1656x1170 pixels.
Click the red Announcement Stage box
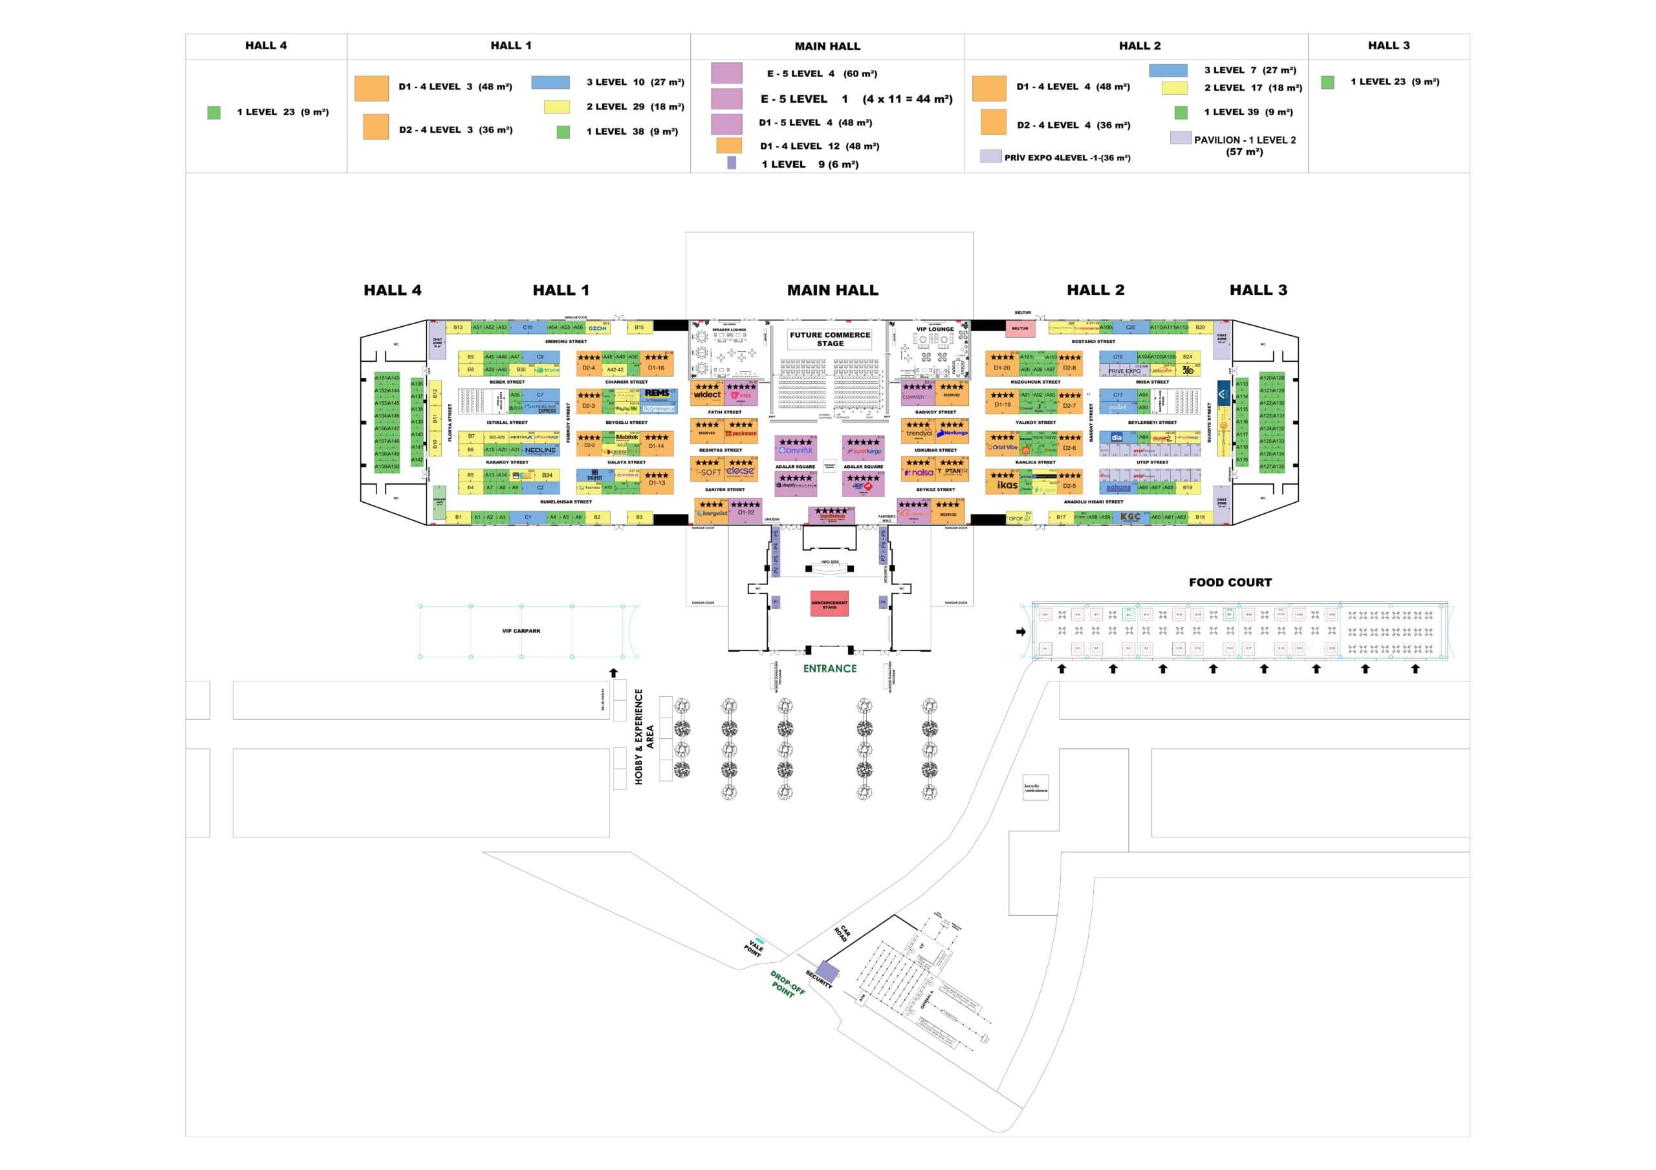(829, 604)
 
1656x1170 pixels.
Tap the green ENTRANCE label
(829, 668)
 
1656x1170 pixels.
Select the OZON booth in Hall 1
(597, 328)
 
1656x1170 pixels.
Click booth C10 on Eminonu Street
(527, 327)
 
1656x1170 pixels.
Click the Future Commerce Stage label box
(829, 339)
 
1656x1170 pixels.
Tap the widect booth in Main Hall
(707, 395)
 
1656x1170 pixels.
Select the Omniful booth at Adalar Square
(796, 450)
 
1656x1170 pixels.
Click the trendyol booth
(919, 434)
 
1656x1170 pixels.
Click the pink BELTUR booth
(1020, 329)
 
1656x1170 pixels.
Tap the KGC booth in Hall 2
(1130, 517)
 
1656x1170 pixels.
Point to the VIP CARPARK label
(521, 631)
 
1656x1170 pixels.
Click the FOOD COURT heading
(1230, 583)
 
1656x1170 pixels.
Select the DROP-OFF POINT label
(786, 985)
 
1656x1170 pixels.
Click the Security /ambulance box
(1035, 788)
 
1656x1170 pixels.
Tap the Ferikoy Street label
(569, 423)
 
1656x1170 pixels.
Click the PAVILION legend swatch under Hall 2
(1180, 138)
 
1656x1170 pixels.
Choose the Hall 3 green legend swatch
(1327, 82)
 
